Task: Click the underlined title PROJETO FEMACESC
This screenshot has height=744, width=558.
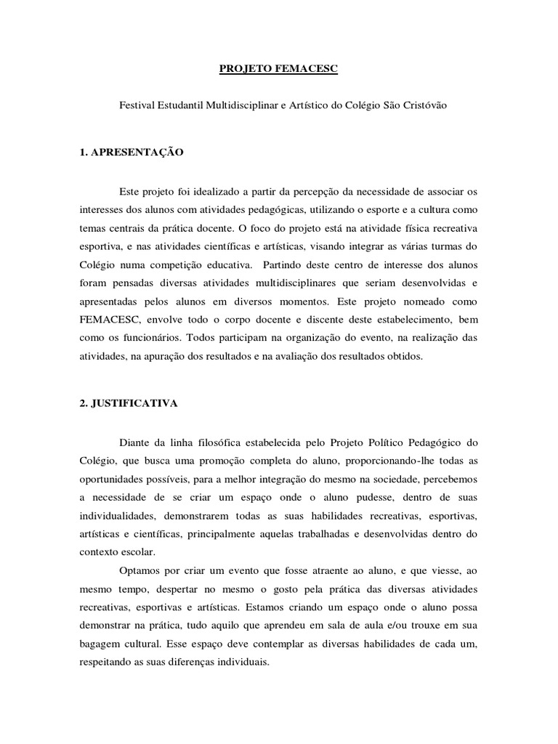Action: pos(280,70)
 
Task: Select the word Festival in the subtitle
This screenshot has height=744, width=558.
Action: pos(137,105)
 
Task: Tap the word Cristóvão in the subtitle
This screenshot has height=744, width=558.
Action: pos(424,105)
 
